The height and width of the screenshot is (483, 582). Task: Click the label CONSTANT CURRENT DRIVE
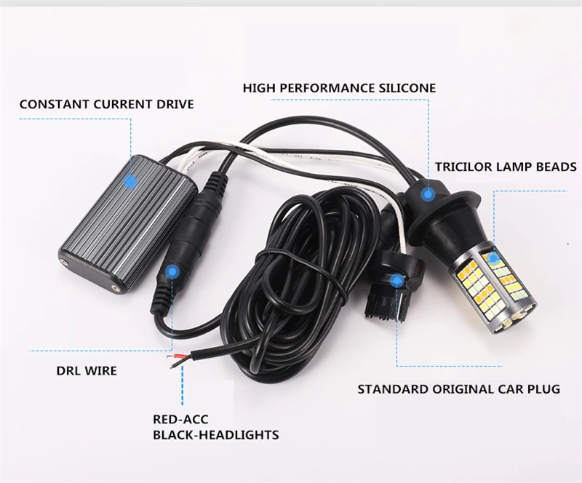[106, 104]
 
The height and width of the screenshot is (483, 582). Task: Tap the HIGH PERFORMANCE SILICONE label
[339, 88]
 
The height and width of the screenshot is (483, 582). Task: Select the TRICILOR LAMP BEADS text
[506, 167]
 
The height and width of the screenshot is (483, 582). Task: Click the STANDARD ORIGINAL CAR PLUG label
[458, 389]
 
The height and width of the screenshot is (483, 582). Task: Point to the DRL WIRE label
[86, 371]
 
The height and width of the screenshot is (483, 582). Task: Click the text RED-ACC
[178, 419]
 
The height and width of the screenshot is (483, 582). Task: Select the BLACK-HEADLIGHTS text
[215, 435]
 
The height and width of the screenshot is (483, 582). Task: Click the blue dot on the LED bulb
[493, 258]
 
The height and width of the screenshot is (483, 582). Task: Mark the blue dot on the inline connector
[172, 271]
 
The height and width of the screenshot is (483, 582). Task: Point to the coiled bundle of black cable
[306, 276]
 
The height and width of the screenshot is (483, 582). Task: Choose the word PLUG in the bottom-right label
[543, 389]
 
